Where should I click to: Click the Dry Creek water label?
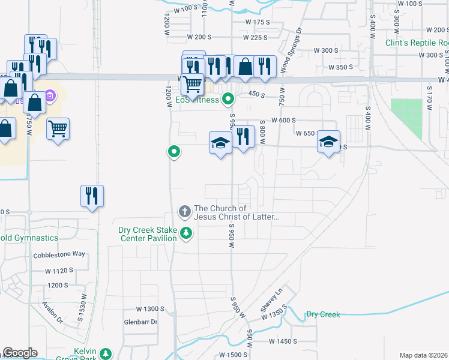322,314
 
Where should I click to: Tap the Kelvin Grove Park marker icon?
106,353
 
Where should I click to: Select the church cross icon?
184,211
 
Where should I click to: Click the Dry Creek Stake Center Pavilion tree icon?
186,233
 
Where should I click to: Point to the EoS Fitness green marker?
228,99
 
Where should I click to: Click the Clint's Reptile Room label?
417,43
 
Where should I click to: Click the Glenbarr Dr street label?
140,322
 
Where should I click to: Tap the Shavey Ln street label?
271,302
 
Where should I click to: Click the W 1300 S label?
150,309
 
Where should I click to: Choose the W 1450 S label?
283,341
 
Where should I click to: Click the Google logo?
20,353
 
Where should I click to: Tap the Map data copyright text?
423,355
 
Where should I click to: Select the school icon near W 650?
328,142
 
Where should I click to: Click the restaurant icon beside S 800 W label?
243,137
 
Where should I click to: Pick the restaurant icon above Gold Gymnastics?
92,196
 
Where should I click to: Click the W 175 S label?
260,22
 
